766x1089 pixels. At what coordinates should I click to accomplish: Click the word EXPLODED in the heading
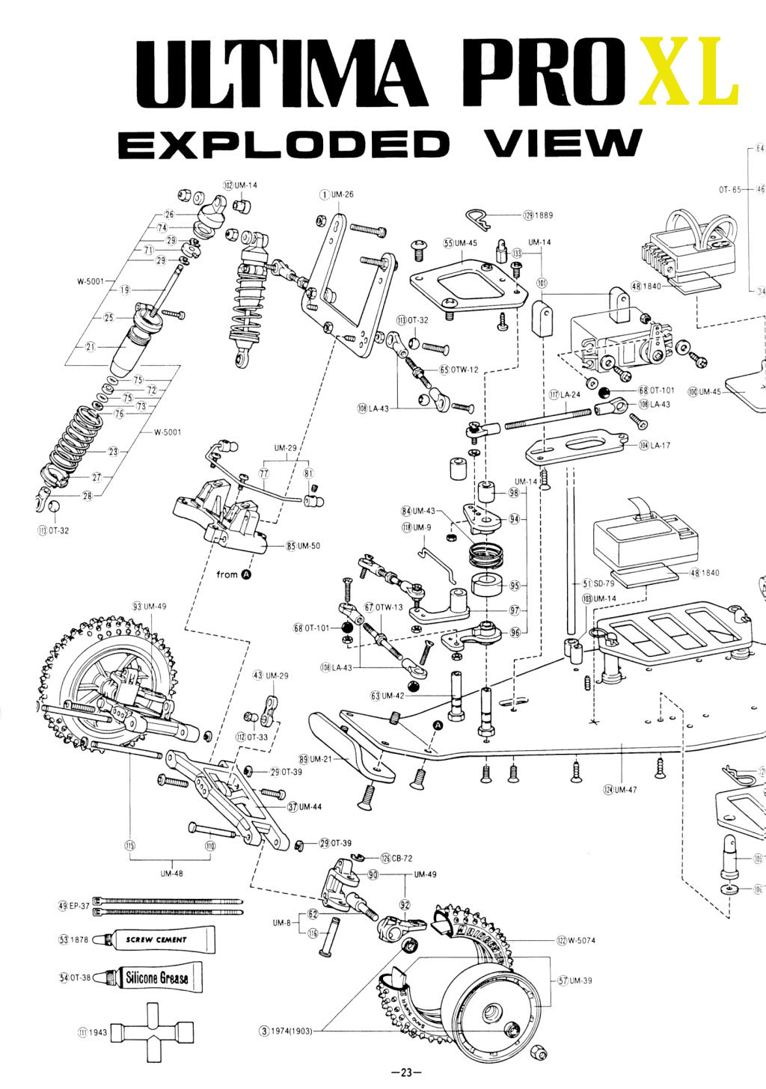pyautogui.click(x=284, y=144)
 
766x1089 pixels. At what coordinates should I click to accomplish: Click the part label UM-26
pyautogui.click(x=343, y=194)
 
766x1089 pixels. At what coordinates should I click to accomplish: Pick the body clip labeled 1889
pyautogui.click(x=480, y=218)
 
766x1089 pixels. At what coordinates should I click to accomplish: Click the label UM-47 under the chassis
pyautogui.click(x=625, y=790)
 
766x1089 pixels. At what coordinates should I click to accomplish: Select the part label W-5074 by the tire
pyautogui.click(x=581, y=940)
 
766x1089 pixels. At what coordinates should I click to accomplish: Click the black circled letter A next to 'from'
pyautogui.click(x=246, y=574)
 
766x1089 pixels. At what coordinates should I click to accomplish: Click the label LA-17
pyautogui.click(x=660, y=445)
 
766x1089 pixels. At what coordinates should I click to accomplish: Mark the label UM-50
pyautogui.click(x=308, y=546)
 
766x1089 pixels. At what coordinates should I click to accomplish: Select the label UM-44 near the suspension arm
pyautogui.click(x=310, y=807)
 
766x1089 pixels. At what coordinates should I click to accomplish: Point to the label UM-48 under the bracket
pyautogui.click(x=171, y=873)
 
